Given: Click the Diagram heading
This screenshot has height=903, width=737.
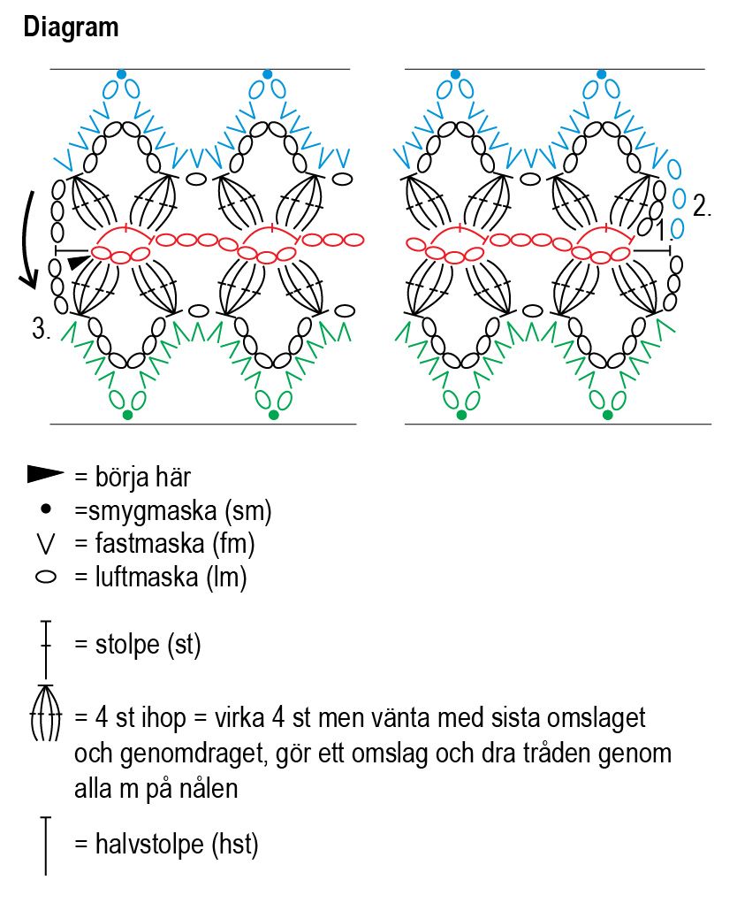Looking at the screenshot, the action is [71, 27].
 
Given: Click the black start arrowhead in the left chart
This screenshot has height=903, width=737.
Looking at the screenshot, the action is [79, 262].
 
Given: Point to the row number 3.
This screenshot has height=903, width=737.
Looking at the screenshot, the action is [41, 330].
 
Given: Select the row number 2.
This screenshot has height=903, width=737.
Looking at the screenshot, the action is [703, 207].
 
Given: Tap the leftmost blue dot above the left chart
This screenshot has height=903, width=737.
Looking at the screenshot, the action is [121, 74].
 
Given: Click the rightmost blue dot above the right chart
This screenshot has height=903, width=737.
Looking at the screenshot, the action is [602, 74].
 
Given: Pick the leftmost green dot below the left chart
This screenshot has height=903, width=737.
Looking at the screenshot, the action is [127, 415].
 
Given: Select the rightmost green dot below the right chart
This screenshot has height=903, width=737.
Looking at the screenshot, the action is [608, 415].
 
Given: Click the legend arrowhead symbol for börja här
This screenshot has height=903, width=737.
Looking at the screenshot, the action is [46, 476].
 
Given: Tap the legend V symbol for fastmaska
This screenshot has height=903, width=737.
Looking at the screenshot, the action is [46, 543].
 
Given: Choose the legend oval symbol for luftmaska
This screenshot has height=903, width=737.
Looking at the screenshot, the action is [46, 578].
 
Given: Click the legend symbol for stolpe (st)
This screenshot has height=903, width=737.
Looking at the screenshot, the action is [46, 645].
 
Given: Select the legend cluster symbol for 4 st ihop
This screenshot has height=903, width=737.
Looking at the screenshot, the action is [46, 713].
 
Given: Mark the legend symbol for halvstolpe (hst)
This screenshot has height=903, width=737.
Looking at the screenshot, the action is [46, 846].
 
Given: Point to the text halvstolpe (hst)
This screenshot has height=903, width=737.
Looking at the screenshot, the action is [177, 845].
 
